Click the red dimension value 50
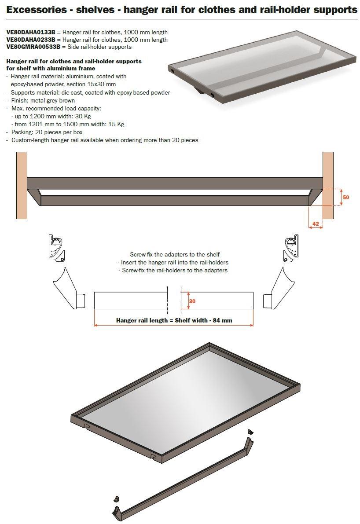(x=346, y=198)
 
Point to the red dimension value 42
(x=315, y=224)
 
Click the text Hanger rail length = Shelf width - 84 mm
(x=174, y=320)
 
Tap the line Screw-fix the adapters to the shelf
(x=173, y=254)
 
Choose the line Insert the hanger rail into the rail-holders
(x=173, y=262)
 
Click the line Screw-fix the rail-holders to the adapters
(x=173, y=270)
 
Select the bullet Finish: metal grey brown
(x=43, y=100)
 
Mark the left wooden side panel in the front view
(x=22, y=185)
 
